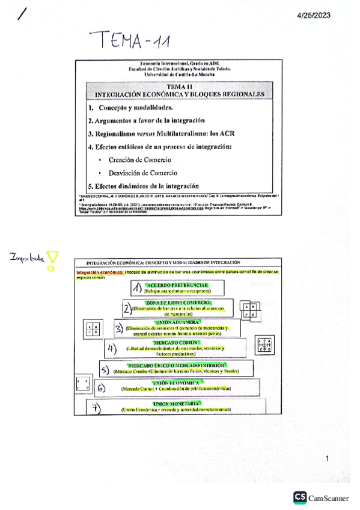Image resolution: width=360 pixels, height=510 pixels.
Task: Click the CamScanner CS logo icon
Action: click(x=299, y=497)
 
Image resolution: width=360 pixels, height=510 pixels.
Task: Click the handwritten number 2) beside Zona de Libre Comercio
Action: click(x=126, y=309)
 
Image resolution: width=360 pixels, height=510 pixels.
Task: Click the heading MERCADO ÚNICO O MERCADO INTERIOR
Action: click(x=176, y=365)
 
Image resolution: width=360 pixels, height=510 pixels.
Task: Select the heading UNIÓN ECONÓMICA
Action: click(x=176, y=382)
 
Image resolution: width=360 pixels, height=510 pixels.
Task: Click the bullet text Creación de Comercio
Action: click(x=139, y=160)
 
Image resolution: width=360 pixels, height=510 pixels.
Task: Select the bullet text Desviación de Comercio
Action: click(x=142, y=173)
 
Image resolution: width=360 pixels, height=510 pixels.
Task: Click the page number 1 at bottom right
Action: click(x=328, y=460)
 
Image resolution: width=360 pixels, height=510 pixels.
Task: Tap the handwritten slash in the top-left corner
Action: click(x=23, y=13)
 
